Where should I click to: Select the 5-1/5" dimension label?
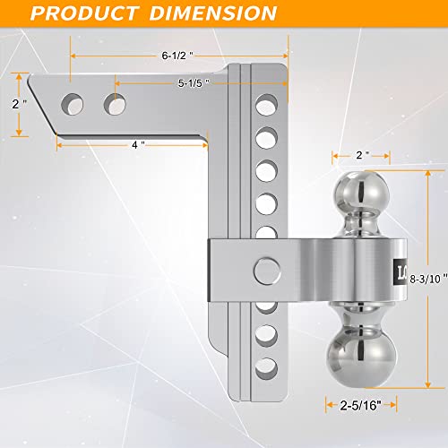[x=193, y=83]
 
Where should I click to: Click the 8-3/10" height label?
[x=425, y=255]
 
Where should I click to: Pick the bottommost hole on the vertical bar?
[x=265, y=366]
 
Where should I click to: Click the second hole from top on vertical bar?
[x=265, y=138]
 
